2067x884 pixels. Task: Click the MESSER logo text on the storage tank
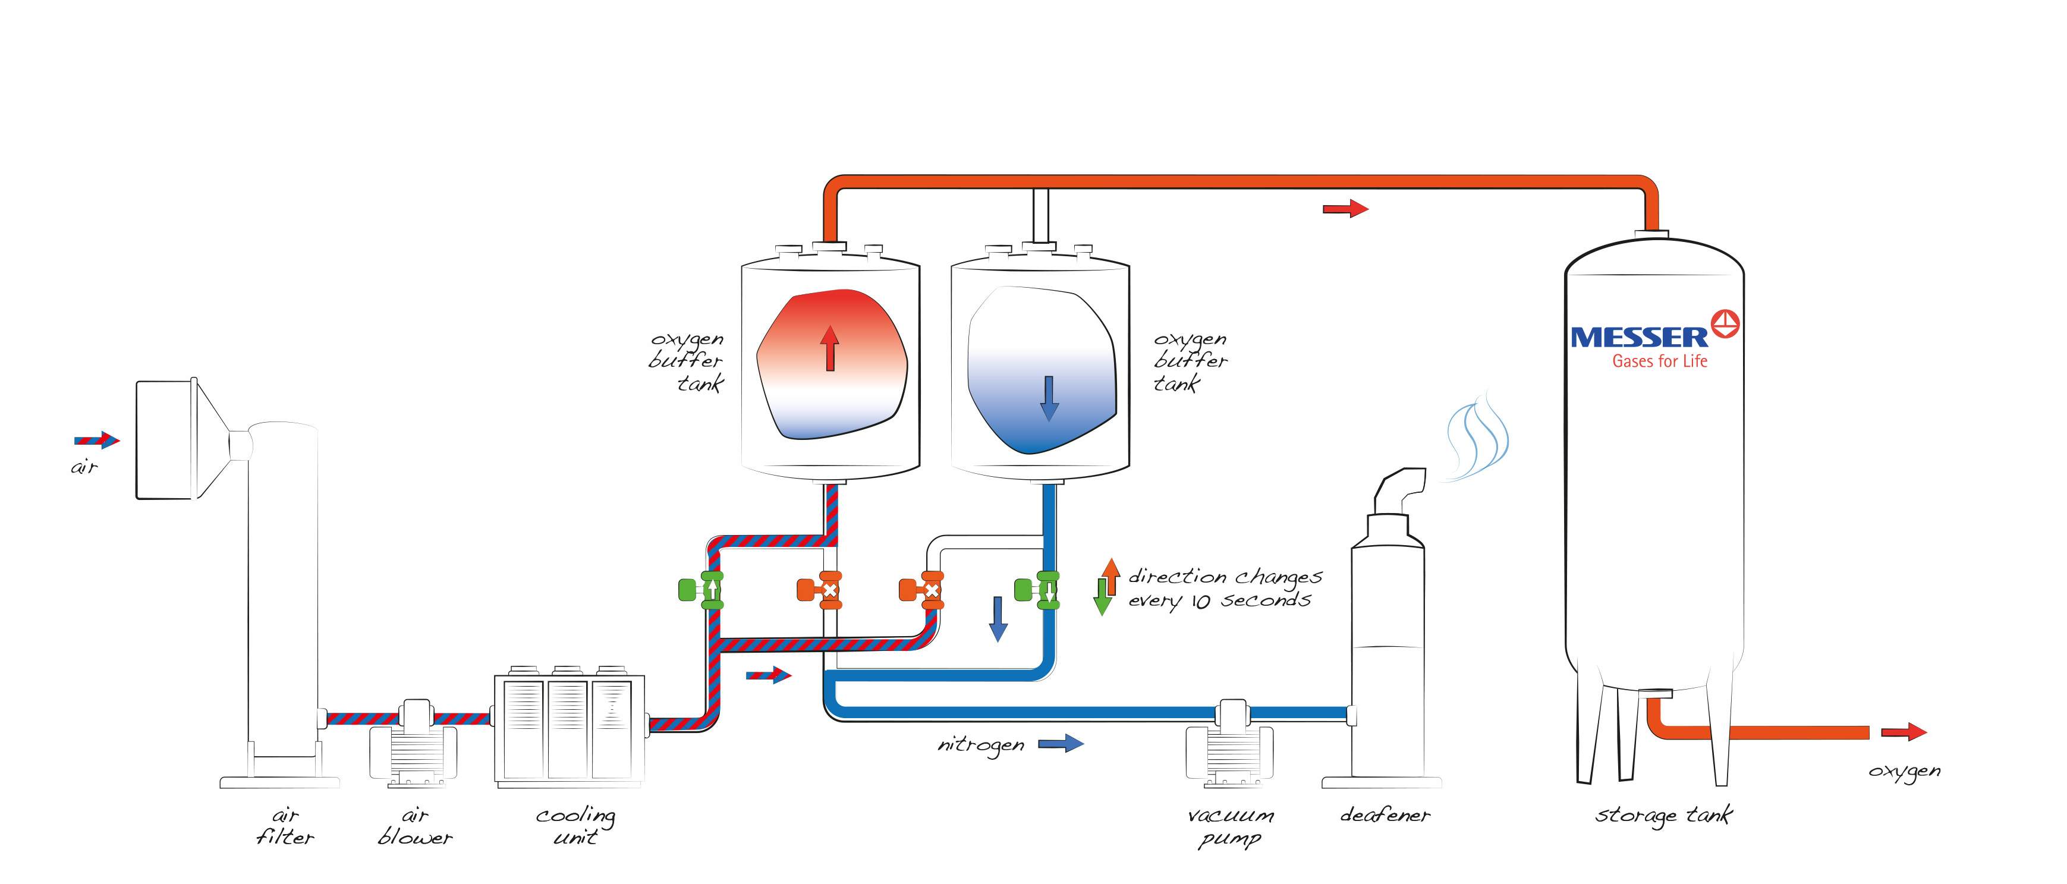[x=1638, y=337]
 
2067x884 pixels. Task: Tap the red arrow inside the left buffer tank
[x=830, y=348]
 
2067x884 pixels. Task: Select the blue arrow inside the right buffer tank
[x=1049, y=398]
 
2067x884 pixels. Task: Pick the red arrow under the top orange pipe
[x=1345, y=209]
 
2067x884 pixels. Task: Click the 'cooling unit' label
[x=575, y=825]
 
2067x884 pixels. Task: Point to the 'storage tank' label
[x=1663, y=815]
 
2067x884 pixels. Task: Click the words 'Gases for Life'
[x=1659, y=361]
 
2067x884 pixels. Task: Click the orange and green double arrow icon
[x=1106, y=586]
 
